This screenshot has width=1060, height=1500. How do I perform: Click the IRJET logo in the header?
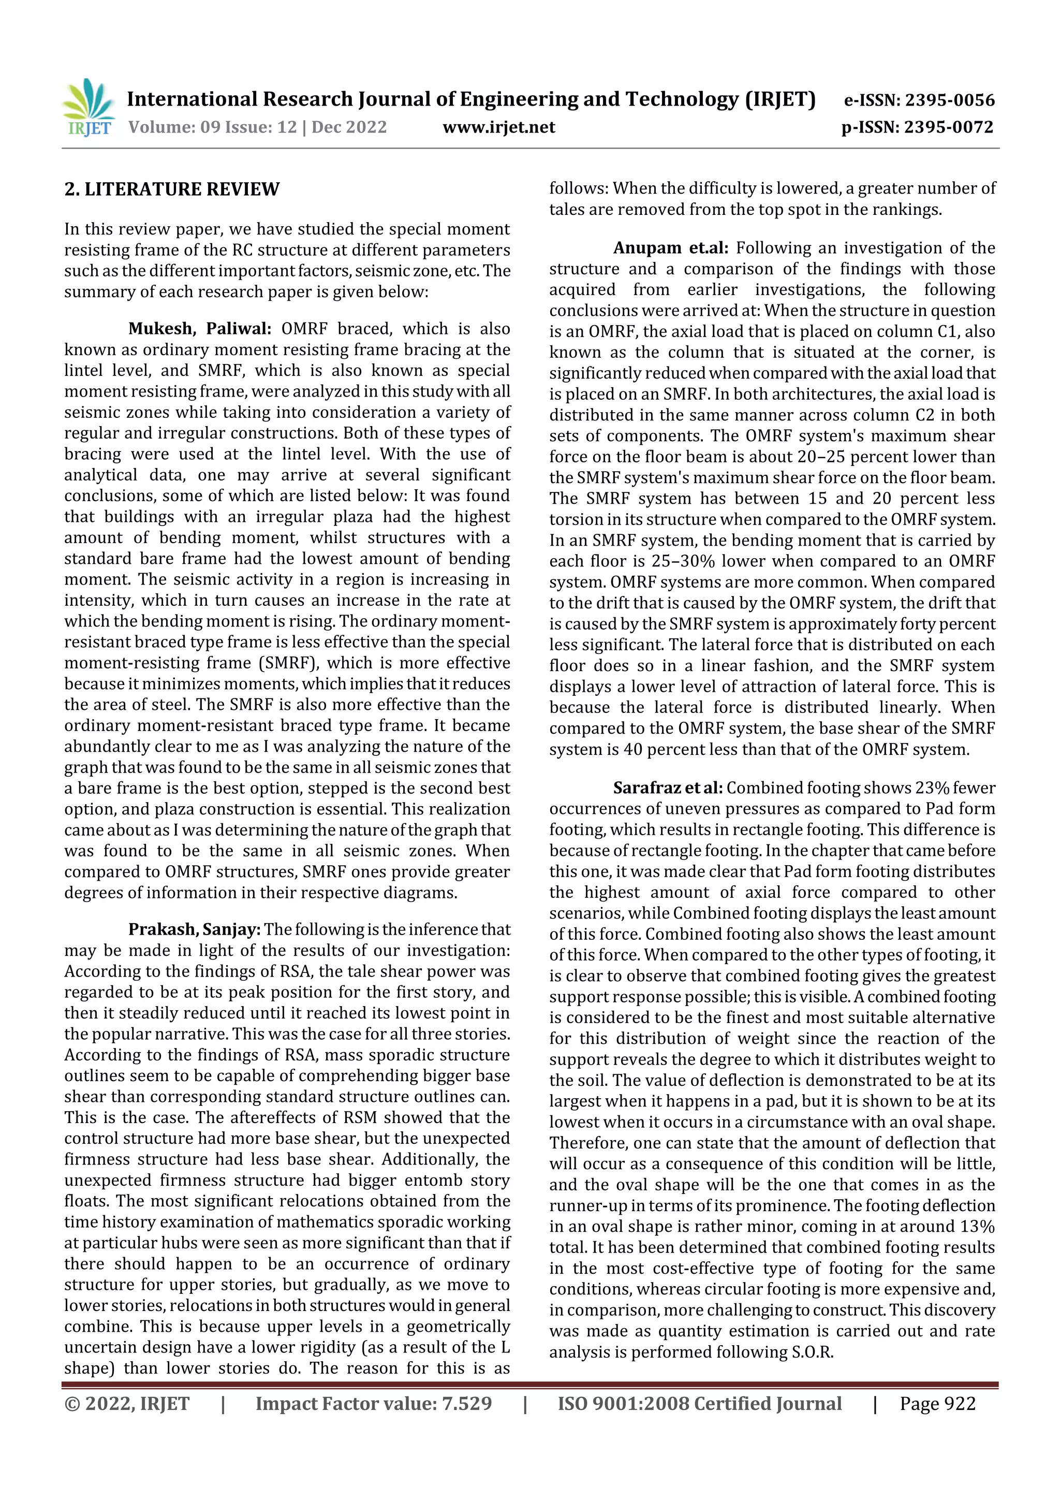point(88,108)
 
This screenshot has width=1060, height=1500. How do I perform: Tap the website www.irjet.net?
point(499,127)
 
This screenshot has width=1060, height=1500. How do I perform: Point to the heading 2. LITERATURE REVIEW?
point(172,190)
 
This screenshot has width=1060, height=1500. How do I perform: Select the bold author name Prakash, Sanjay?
point(194,929)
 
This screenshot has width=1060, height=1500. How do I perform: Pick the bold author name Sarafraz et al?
point(668,789)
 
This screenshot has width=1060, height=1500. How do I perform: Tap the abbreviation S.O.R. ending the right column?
point(813,1352)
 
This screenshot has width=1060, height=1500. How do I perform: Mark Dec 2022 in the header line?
point(349,127)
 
